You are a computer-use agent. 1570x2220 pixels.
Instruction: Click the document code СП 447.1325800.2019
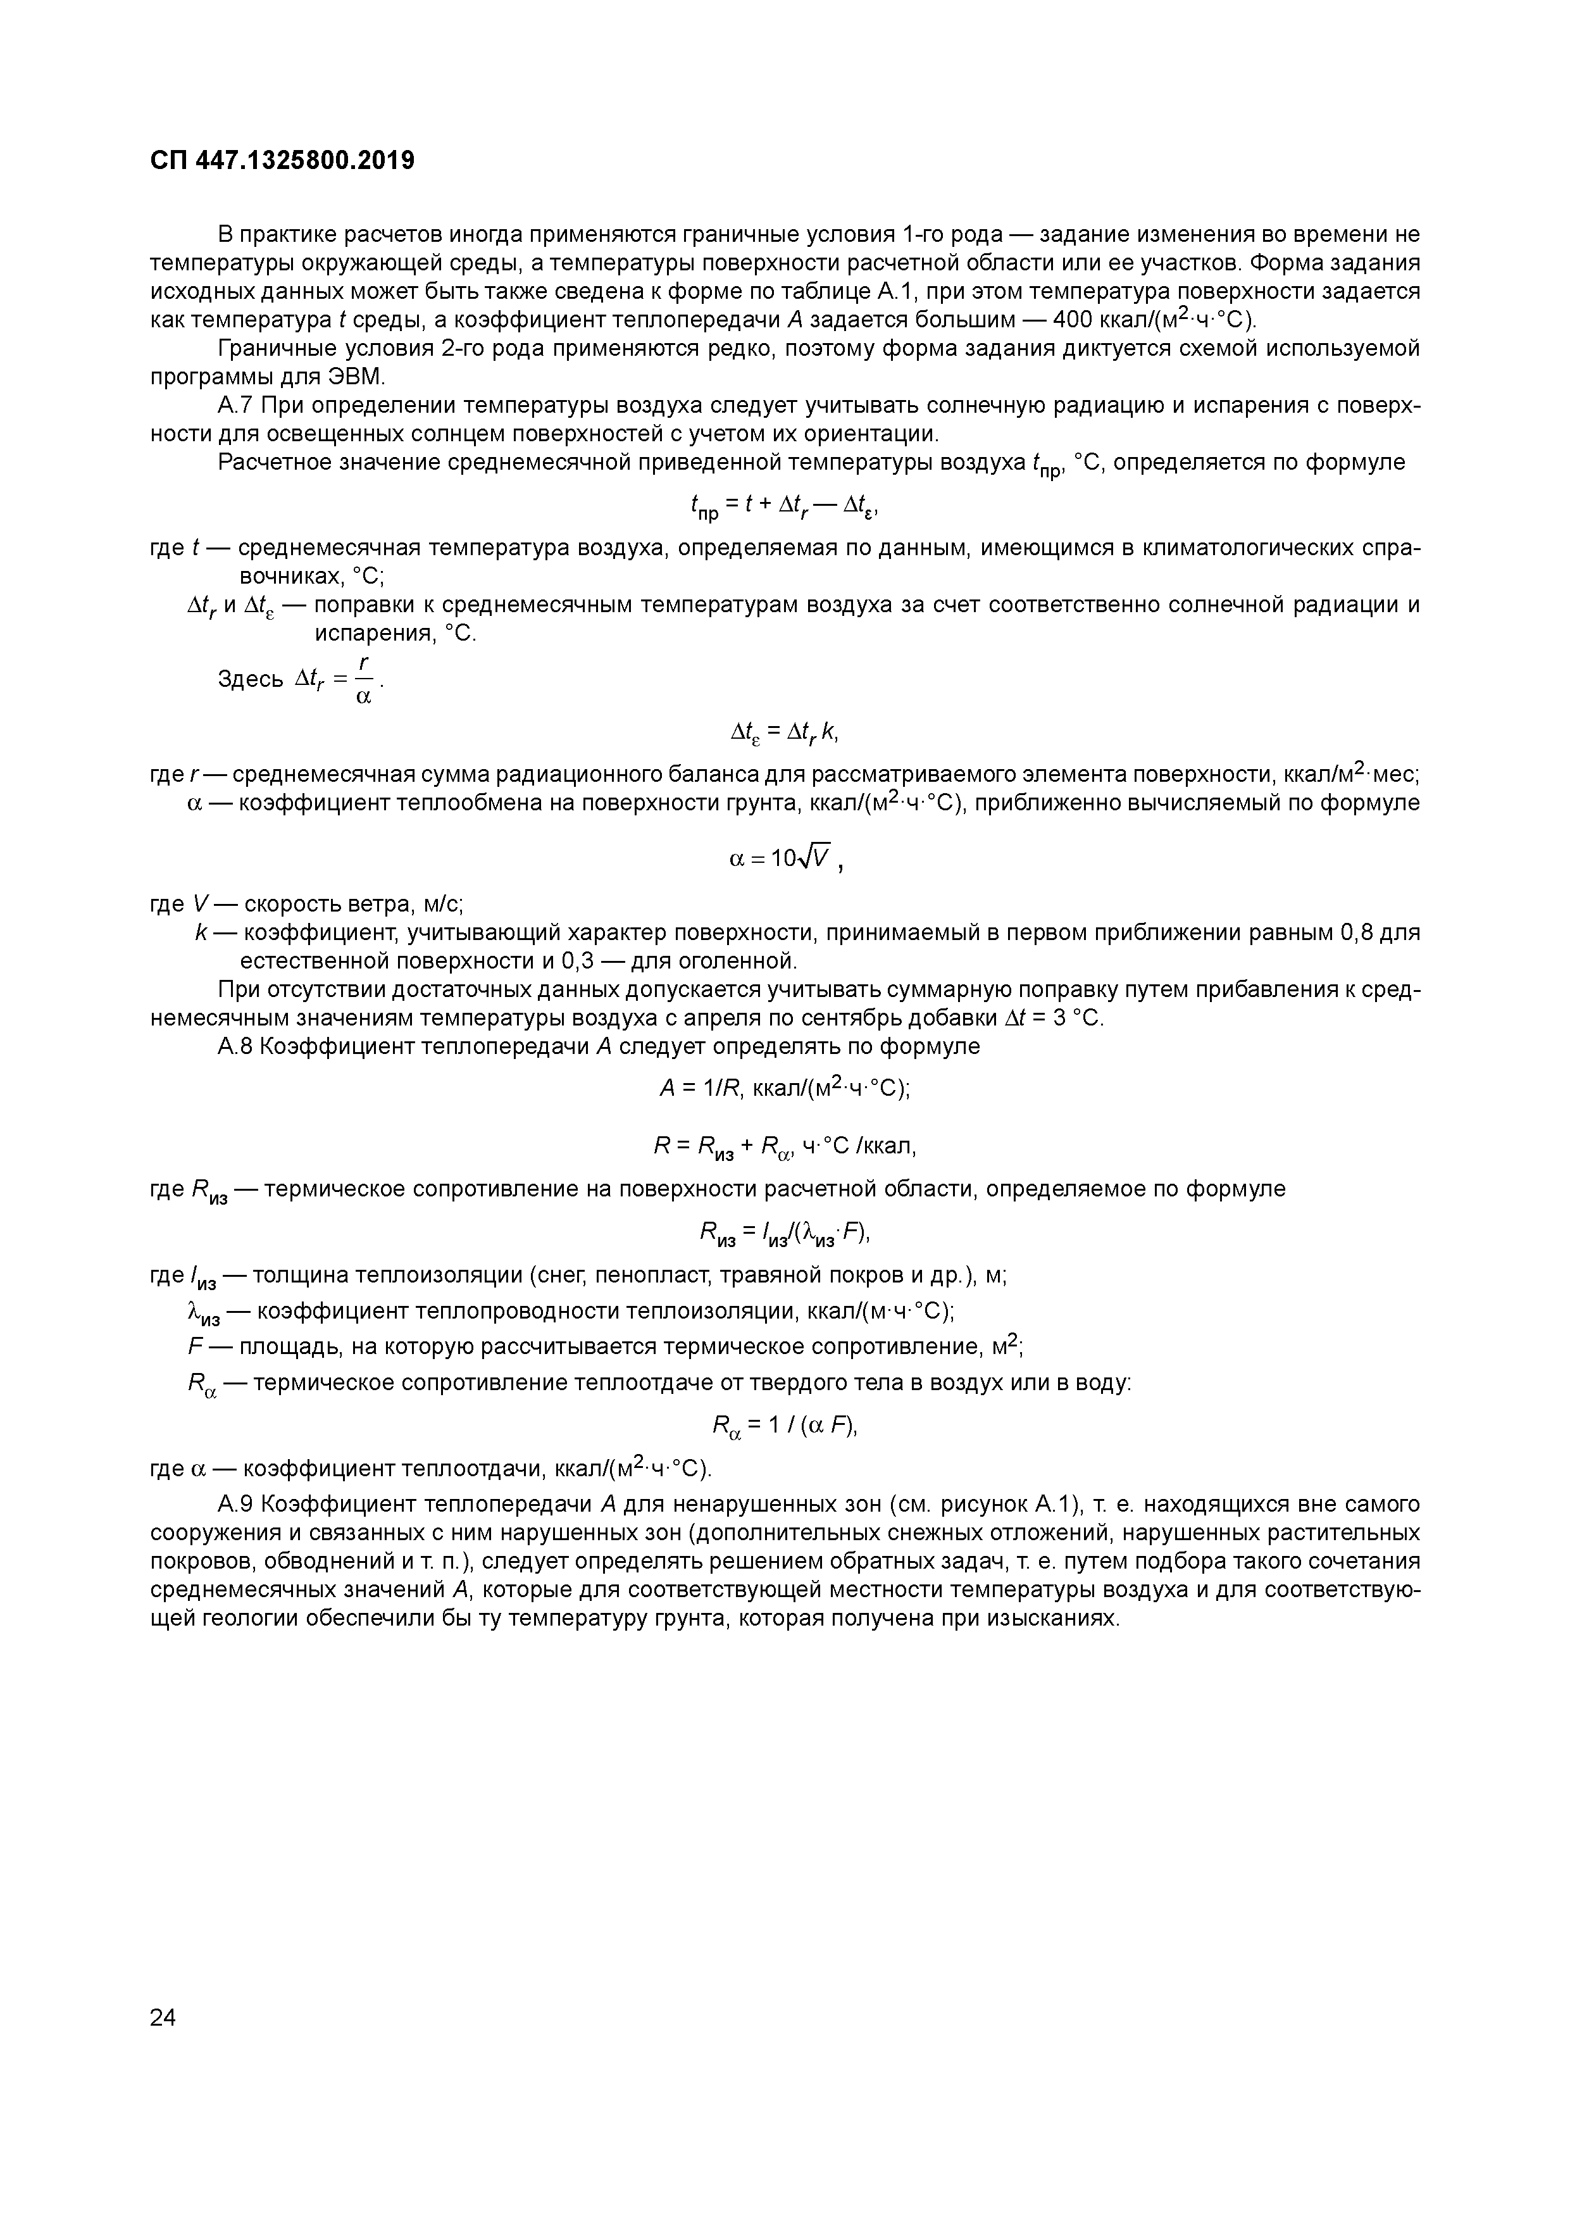[x=282, y=161]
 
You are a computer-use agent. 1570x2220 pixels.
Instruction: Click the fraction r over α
[x=363, y=680]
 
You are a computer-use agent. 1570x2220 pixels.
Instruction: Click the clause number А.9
[x=236, y=1505]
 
